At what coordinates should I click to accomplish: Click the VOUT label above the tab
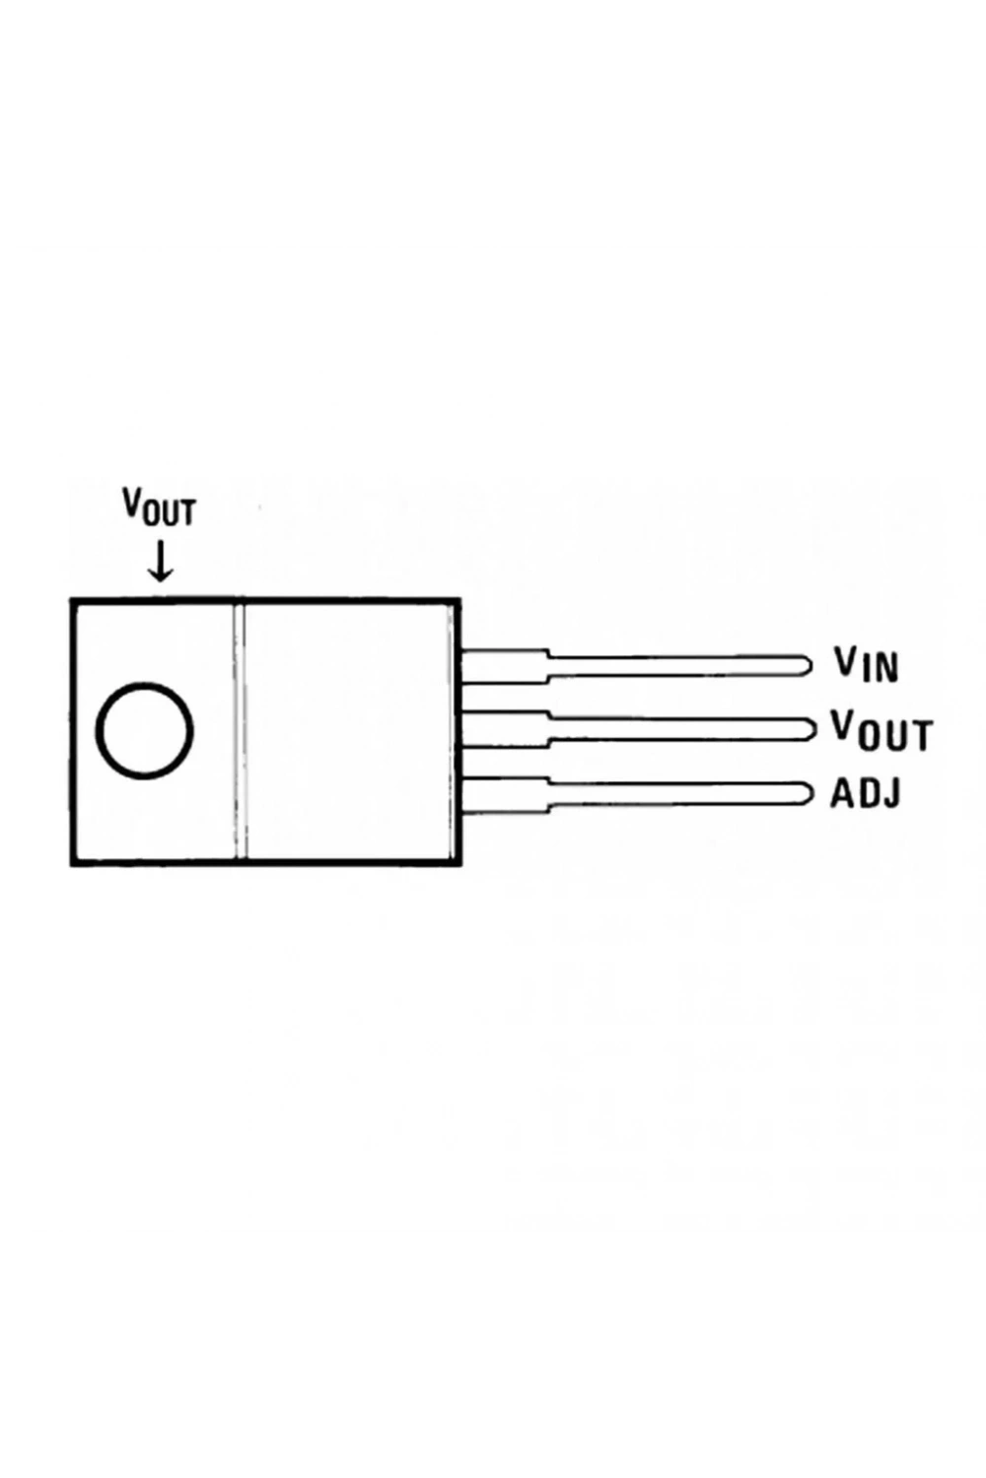159,506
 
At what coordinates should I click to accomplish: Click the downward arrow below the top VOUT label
159,562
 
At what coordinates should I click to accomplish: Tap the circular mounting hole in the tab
145,729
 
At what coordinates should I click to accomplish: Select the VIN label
866,664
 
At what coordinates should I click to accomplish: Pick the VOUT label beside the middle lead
881,731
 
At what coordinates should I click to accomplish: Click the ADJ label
866,794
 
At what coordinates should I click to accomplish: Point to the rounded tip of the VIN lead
808,665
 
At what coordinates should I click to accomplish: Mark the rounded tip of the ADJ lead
808,794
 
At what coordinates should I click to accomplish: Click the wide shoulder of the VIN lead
505,666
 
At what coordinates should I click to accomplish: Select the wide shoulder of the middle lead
505,729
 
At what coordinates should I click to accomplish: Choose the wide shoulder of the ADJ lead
505,795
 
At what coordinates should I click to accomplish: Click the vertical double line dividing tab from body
241,731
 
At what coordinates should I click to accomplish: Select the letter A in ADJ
841,794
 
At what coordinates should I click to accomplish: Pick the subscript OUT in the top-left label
170,512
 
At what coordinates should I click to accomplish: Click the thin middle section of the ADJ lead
673,794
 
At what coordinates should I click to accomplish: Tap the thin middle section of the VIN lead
673,665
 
